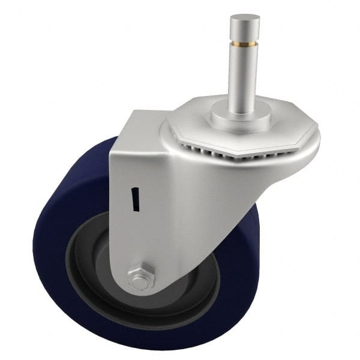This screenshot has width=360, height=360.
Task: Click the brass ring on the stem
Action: (x=245, y=43)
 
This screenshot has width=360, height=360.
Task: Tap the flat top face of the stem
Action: (x=245, y=18)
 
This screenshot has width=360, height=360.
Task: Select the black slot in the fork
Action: (x=136, y=199)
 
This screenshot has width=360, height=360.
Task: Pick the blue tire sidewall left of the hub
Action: (x=51, y=240)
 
